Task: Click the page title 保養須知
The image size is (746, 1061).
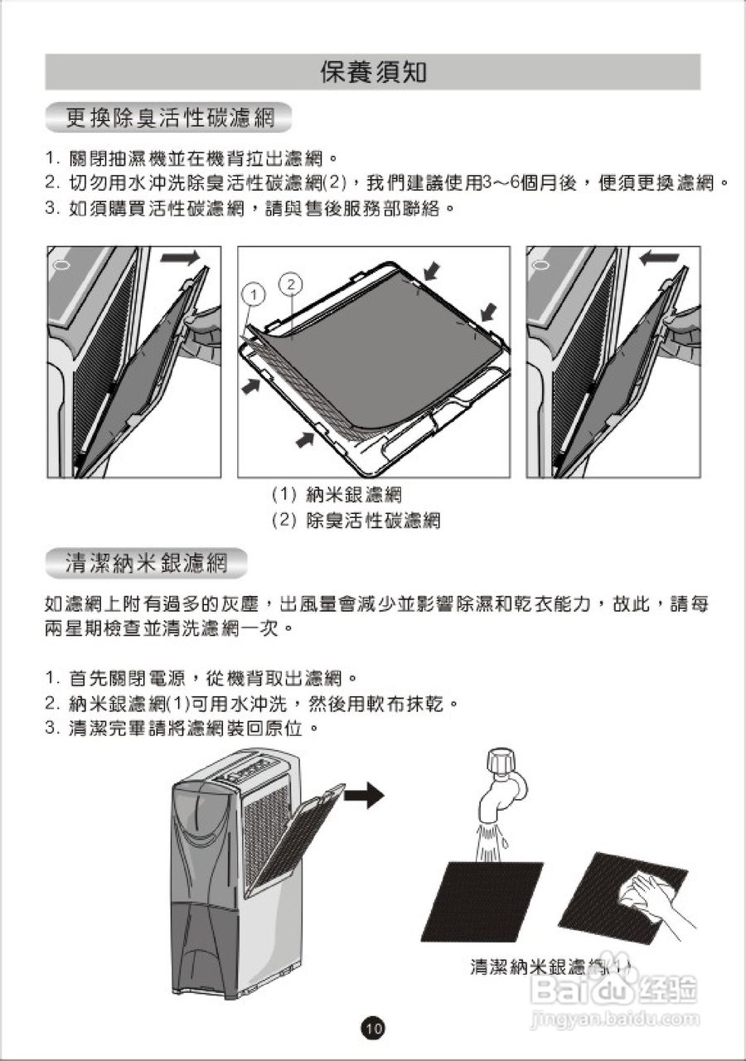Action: coord(373,72)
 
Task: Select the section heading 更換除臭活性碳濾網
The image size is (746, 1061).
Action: coord(170,119)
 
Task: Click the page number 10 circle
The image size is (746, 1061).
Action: coord(373,1029)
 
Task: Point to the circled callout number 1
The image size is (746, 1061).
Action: coord(255,293)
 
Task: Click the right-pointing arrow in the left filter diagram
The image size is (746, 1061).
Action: coord(180,259)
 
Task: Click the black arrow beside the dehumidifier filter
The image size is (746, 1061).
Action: coord(364,796)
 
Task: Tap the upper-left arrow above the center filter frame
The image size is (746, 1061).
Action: coord(432,270)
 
